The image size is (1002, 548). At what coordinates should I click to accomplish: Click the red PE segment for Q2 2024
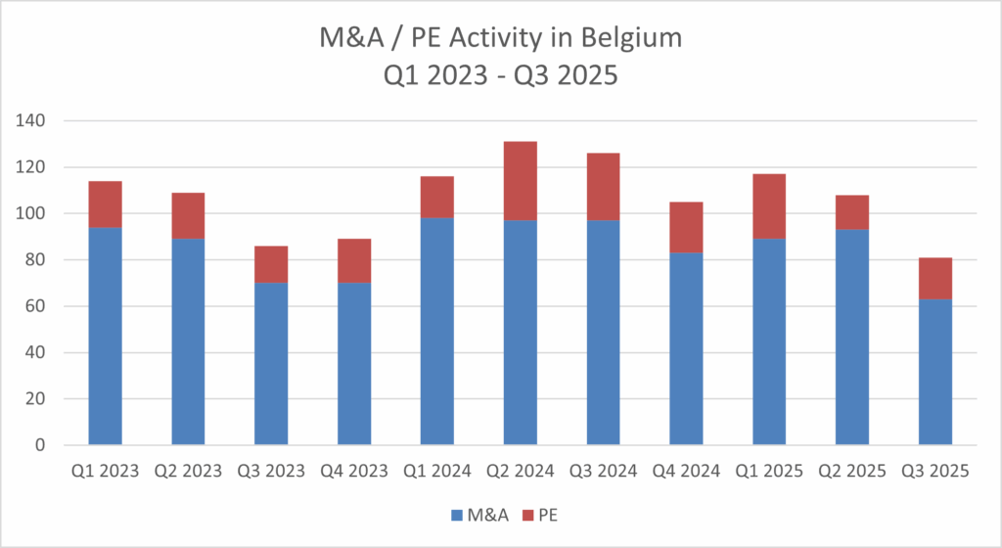(520, 181)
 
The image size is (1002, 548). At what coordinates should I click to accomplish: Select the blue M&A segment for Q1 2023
(105, 336)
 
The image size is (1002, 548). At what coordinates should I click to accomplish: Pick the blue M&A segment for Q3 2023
(271, 364)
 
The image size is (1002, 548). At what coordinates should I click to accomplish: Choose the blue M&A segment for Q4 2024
(686, 348)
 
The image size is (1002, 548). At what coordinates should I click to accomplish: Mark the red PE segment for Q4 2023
(354, 261)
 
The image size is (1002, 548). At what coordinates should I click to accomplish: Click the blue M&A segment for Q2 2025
(852, 337)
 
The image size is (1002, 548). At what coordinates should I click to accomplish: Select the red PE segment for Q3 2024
(603, 187)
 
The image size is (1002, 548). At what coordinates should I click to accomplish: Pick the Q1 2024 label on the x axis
(436, 472)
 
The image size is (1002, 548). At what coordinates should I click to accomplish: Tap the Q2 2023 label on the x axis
(188, 472)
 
